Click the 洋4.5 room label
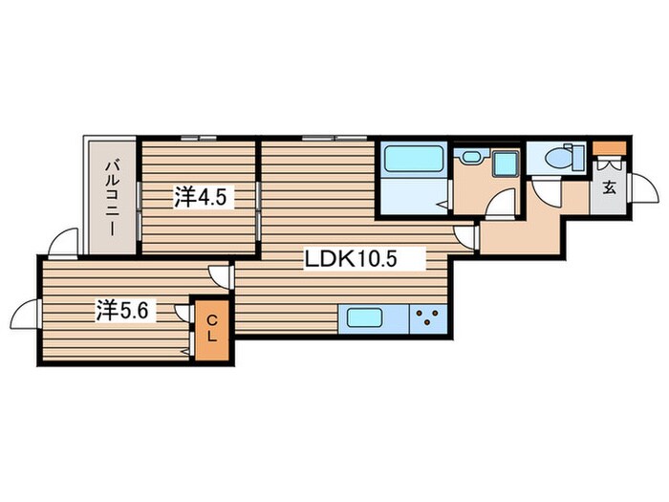tap(199, 197)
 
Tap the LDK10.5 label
tap(350, 258)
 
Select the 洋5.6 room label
tap(122, 310)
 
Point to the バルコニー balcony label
tap(112, 198)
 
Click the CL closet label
tap(212, 328)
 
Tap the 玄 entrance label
tap(610, 187)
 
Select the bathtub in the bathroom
tap(414, 159)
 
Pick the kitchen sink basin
tap(364, 317)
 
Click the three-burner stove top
tap(428, 318)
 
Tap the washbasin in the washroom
tap(472, 156)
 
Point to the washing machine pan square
tap(506, 163)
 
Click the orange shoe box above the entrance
tap(610, 148)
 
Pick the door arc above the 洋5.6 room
tap(63, 241)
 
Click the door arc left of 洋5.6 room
tap(24, 314)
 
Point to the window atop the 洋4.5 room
tap(199, 138)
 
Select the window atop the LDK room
tap(334, 138)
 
